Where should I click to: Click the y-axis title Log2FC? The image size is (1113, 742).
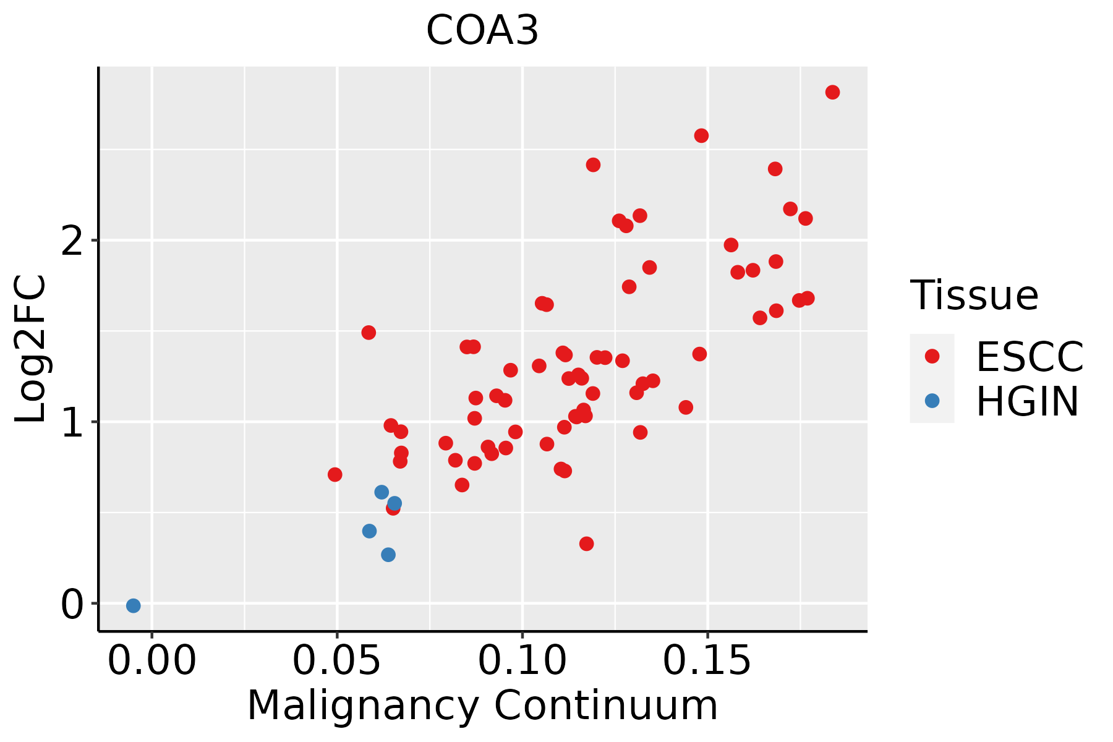click(x=31, y=349)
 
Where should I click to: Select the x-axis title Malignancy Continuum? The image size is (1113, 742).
click(x=482, y=706)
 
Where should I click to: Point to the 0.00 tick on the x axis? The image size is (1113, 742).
click(x=152, y=662)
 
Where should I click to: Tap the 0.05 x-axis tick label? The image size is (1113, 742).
click(x=337, y=662)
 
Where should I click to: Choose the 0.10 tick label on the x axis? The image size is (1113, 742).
click(x=522, y=662)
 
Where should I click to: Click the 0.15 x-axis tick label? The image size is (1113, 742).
click(x=707, y=662)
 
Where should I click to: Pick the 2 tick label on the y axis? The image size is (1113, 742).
click(x=73, y=240)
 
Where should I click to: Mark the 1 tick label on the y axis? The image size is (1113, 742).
click(x=73, y=422)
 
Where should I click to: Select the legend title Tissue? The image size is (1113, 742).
click(x=974, y=295)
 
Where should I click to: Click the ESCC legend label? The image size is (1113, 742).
click(x=1030, y=357)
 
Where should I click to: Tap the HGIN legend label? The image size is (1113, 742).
click(x=1028, y=401)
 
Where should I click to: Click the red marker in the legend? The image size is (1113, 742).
click(x=932, y=356)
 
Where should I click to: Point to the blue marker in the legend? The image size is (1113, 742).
click(x=932, y=401)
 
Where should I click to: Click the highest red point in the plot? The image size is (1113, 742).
click(x=832, y=92)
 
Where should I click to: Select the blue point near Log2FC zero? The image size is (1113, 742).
click(x=133, y=605)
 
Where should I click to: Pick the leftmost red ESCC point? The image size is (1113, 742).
click(x=335, y=474)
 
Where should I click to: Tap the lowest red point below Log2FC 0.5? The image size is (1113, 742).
click(x=586, y=544)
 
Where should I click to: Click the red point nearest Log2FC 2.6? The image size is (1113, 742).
click(x=701, y=135)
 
